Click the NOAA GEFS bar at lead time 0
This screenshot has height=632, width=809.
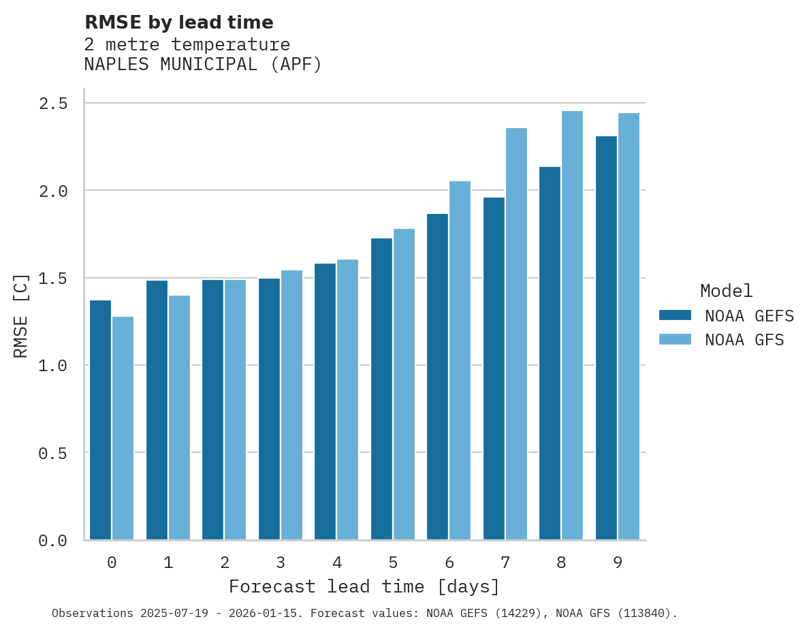[x=100, y=420]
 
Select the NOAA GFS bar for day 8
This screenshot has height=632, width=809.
[x=572, y=326]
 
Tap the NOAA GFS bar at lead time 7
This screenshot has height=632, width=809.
[x=516, y=334]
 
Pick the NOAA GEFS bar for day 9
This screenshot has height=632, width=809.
[x=606, y=338]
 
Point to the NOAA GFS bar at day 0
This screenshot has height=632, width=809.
[x=123, y=428]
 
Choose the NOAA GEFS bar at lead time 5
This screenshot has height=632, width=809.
[x=381, y=389]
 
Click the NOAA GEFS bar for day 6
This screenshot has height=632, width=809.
[x=437, y=377]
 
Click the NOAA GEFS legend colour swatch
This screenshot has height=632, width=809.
[x=675, y=315]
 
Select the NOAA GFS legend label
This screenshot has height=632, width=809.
[x=744, y=340]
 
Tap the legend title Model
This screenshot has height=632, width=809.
[x=726, y=291]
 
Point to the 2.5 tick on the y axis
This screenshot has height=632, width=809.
[x=53, y=104]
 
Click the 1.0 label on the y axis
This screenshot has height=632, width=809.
[x=53, y=366]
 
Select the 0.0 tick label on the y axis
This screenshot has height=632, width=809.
[x=53, y=541]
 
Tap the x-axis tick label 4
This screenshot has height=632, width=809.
[x=336, y=563]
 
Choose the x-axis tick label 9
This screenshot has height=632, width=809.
[x=617, y=563]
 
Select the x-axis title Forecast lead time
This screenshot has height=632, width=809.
[x=364, y=586]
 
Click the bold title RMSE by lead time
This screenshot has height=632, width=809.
[x=178, y=22]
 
